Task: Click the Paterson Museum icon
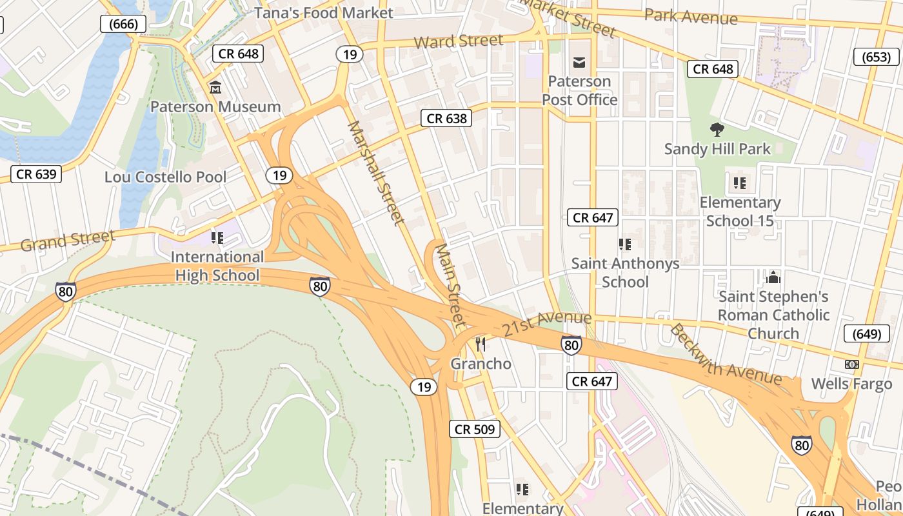tap(215, 87)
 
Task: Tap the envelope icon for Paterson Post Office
tap(579, 62)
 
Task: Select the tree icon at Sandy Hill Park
tap(717, 130)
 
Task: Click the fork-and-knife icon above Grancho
tap(480, 344)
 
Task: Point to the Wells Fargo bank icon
tap(852, 364)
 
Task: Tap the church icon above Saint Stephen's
tap(773, 277)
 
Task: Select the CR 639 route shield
tap(36, 174)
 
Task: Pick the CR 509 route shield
tap(475, 429)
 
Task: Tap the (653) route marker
tap(876, 57)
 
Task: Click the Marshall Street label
tap(376, 172)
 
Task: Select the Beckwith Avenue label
tap(725, 355)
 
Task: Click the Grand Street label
tap(67, 241)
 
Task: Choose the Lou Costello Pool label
tap(165, 177)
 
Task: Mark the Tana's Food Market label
tap(323, 13)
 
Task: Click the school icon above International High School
tap(217, 238)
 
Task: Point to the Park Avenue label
tap(690, 16)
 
